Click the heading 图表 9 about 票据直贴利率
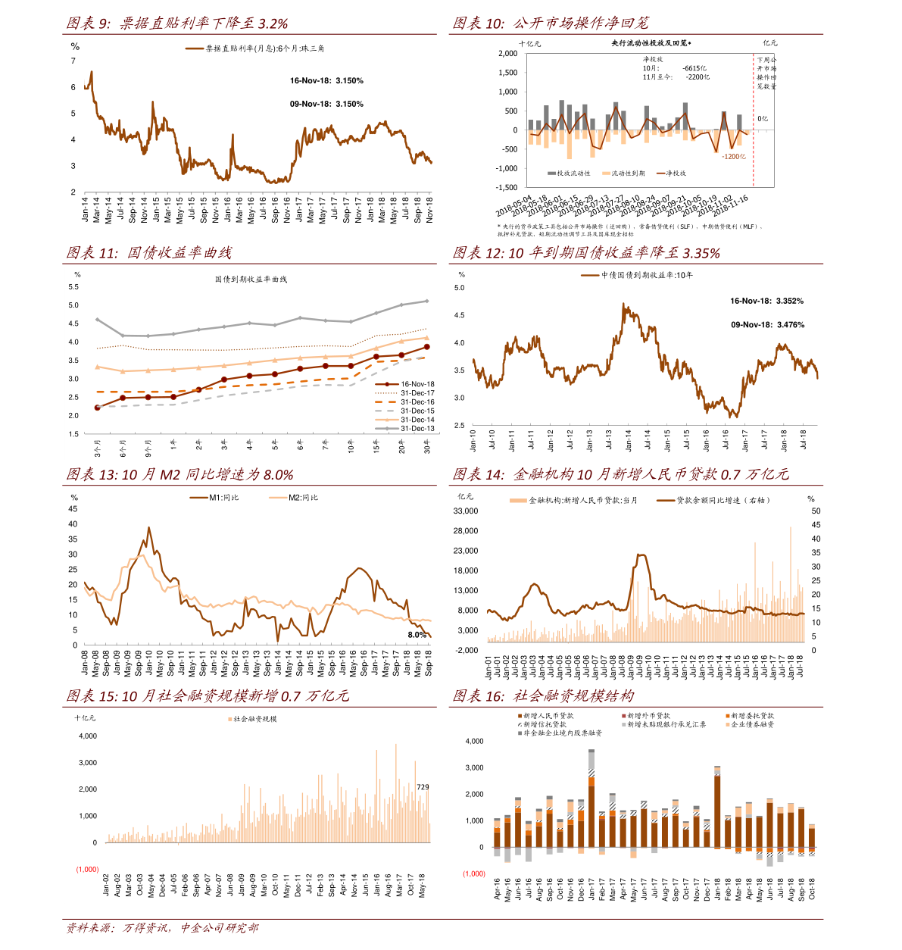176,23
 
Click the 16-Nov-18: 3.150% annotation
326,80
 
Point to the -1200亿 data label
734,156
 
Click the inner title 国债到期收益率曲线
251,280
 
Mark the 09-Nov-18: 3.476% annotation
767,325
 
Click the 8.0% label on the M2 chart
417,635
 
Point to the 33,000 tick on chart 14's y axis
466,511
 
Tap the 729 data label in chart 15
423,788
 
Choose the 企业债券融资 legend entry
751,725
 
